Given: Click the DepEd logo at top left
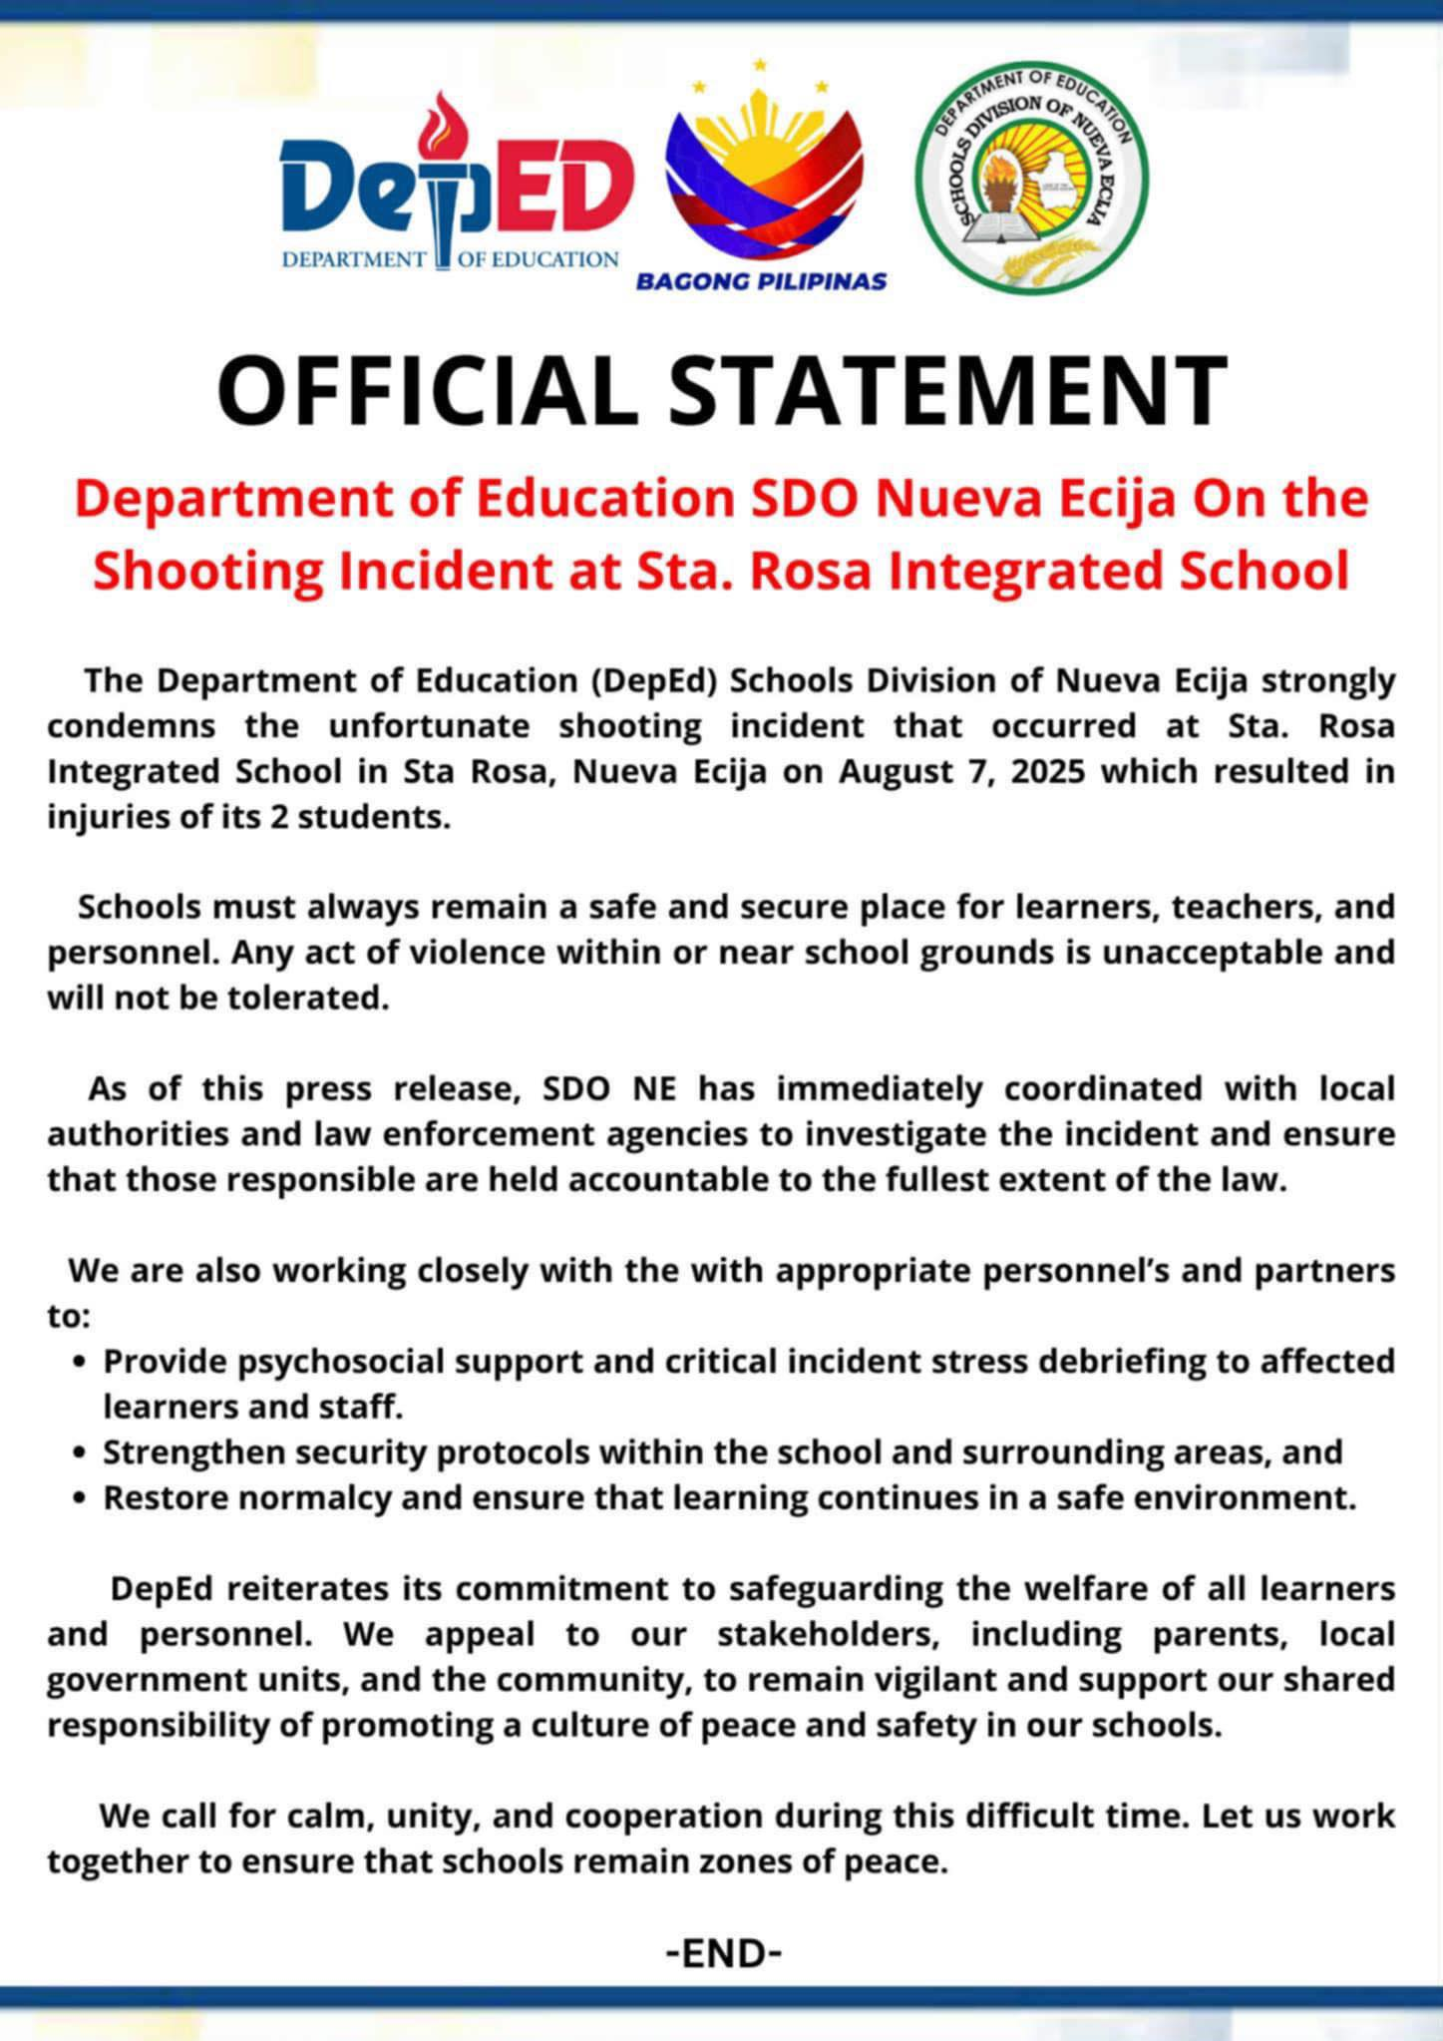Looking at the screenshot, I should (x=454, y=185).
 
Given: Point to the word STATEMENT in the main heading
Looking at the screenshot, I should (x=947, y=390).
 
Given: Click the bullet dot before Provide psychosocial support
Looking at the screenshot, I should (x=80, y=1362).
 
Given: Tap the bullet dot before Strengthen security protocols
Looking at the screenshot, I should (x=80, y=1452).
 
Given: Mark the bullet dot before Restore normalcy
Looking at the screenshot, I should (x=80, y=1498).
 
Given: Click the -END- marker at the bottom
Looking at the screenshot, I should (x=723, y=1952).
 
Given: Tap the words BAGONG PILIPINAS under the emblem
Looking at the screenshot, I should (x=761, y=281).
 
